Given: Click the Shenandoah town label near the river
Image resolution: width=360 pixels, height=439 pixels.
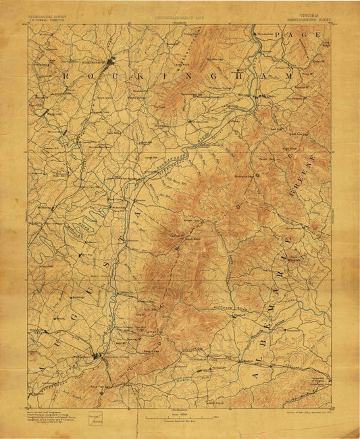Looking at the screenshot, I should pos(265,32).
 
